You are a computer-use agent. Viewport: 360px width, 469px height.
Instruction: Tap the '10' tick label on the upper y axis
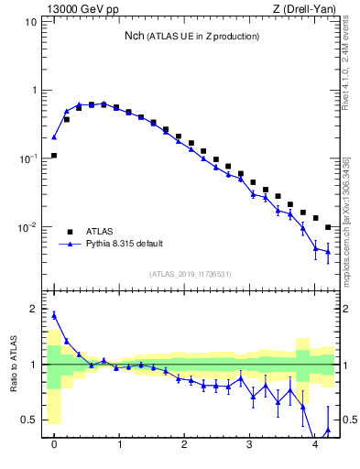(x=31, y=22)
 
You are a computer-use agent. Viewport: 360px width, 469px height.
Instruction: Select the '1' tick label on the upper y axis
(x=34, y=91)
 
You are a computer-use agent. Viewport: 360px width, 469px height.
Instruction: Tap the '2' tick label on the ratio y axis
(x=34, y=310)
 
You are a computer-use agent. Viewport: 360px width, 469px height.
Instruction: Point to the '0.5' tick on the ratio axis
(x=30, y=420)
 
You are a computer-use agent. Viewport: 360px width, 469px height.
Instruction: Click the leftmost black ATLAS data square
(x=54, y=156)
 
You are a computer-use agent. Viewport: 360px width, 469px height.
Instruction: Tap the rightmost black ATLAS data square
(x=328, y=227)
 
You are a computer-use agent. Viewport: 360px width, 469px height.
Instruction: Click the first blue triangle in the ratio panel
(x=54, y=315)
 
